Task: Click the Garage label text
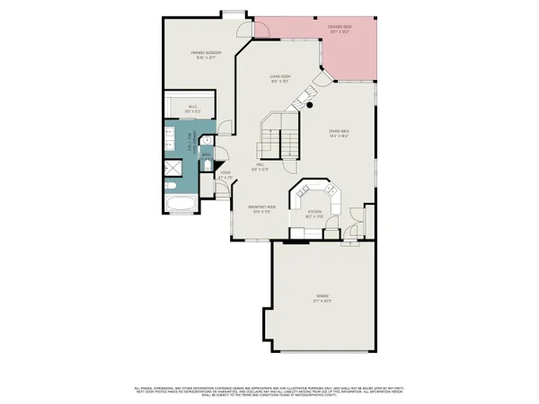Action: pyautogui.click(x=322, y=297)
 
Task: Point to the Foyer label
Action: pyautogui.click(x=226, y=176)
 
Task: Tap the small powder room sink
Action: pyautogui.click(x=206, y=142)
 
